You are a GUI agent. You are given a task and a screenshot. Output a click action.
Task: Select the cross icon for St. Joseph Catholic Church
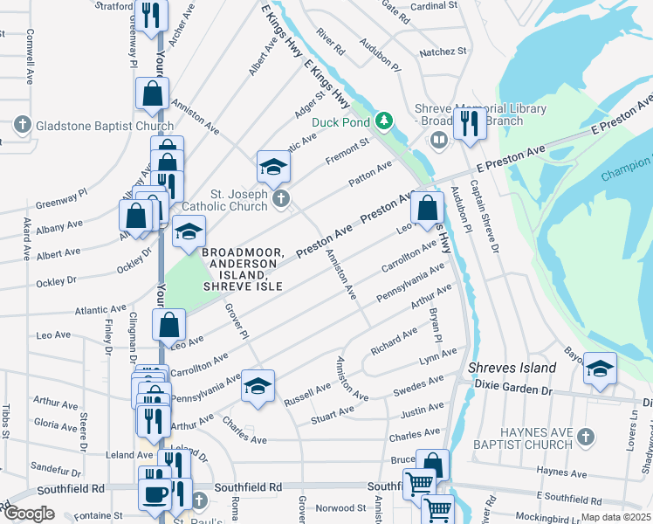click(x=280, y=201)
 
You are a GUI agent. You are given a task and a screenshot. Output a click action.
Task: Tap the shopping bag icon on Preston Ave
click(x=426, y=210)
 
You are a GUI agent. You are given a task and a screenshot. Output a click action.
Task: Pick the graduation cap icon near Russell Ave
click(x=258, y=387)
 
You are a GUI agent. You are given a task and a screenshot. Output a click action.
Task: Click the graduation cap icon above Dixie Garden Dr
click(x=600, y=369)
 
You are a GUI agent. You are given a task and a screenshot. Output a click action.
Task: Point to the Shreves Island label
click(x=512, y=368)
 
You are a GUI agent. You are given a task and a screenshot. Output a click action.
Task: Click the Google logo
click(x=29, y=514)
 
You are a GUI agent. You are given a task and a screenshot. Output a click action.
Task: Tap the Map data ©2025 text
click(x=617, y=517)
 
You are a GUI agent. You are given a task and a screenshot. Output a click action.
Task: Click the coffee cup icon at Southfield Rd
click(x=155, y=494)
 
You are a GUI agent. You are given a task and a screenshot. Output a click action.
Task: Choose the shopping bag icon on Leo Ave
click(x=168, y=325)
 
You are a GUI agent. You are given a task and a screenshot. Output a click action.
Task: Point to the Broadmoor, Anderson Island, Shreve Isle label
click(x=243, y=270)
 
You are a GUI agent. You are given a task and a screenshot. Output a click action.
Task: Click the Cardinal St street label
click(x=434, y=5)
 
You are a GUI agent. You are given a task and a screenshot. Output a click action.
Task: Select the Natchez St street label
click(x=443, y=52)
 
